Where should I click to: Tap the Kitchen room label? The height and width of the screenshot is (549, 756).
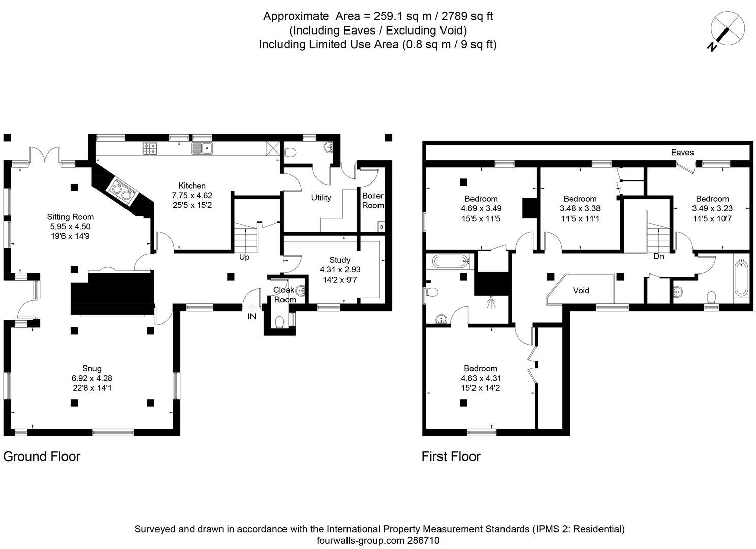point(192,186)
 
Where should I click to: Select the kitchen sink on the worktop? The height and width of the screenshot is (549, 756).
point(202,148)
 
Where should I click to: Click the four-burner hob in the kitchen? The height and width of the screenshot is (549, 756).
point(151,148)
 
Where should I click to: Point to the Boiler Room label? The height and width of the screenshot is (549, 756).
point(373,201)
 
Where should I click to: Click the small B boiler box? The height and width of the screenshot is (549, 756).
point(381,227)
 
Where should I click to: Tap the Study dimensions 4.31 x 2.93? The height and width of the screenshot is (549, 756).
point(340,270)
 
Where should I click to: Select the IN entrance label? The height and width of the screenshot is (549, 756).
point(251,316)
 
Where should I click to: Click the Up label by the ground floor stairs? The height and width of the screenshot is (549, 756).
point(244,257)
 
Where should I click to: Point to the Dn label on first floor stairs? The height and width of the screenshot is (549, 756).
point(658,257)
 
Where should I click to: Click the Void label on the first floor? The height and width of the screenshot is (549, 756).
point(581,290)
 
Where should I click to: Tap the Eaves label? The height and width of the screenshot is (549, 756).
point(682,152)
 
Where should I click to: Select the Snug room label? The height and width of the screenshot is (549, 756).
point(92,368)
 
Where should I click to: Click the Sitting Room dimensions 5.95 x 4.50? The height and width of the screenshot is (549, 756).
point(71,227)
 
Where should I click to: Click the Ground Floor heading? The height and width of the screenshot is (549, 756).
point(42,456)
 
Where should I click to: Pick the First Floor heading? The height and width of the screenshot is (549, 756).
point(451,456)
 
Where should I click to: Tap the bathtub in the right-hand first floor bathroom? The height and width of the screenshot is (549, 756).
point(741,278)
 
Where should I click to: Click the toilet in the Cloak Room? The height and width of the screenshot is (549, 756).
point(279,322)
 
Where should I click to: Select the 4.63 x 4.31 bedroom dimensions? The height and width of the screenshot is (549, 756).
point(481,378)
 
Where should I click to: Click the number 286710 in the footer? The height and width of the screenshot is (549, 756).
point(424,541)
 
